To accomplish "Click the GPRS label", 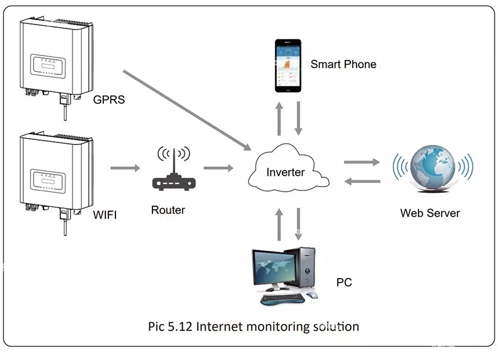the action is (x=109, y=100).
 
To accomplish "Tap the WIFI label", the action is (x=105, y=215).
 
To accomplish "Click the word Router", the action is (x=168, y=210).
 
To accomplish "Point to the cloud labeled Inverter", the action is (x=288, y=168).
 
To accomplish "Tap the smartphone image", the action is (x=288, y=66).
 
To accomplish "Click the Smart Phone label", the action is (x=344, y=64).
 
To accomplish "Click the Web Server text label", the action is (x=430, y=213).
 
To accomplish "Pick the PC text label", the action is (x=344, y=282).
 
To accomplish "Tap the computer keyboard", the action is (x=282, y=298).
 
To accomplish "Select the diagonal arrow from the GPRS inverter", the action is (x=187, y=110).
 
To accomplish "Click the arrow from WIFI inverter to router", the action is (x=125, y=168).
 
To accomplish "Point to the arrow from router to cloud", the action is (x=219, y=168).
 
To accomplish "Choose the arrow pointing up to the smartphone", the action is (x=279, y=119).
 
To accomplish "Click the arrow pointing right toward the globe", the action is (x=362, y=162).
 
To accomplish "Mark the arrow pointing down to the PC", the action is (x=298, y=224).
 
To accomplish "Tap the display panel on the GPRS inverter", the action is (x=48, y=66).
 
